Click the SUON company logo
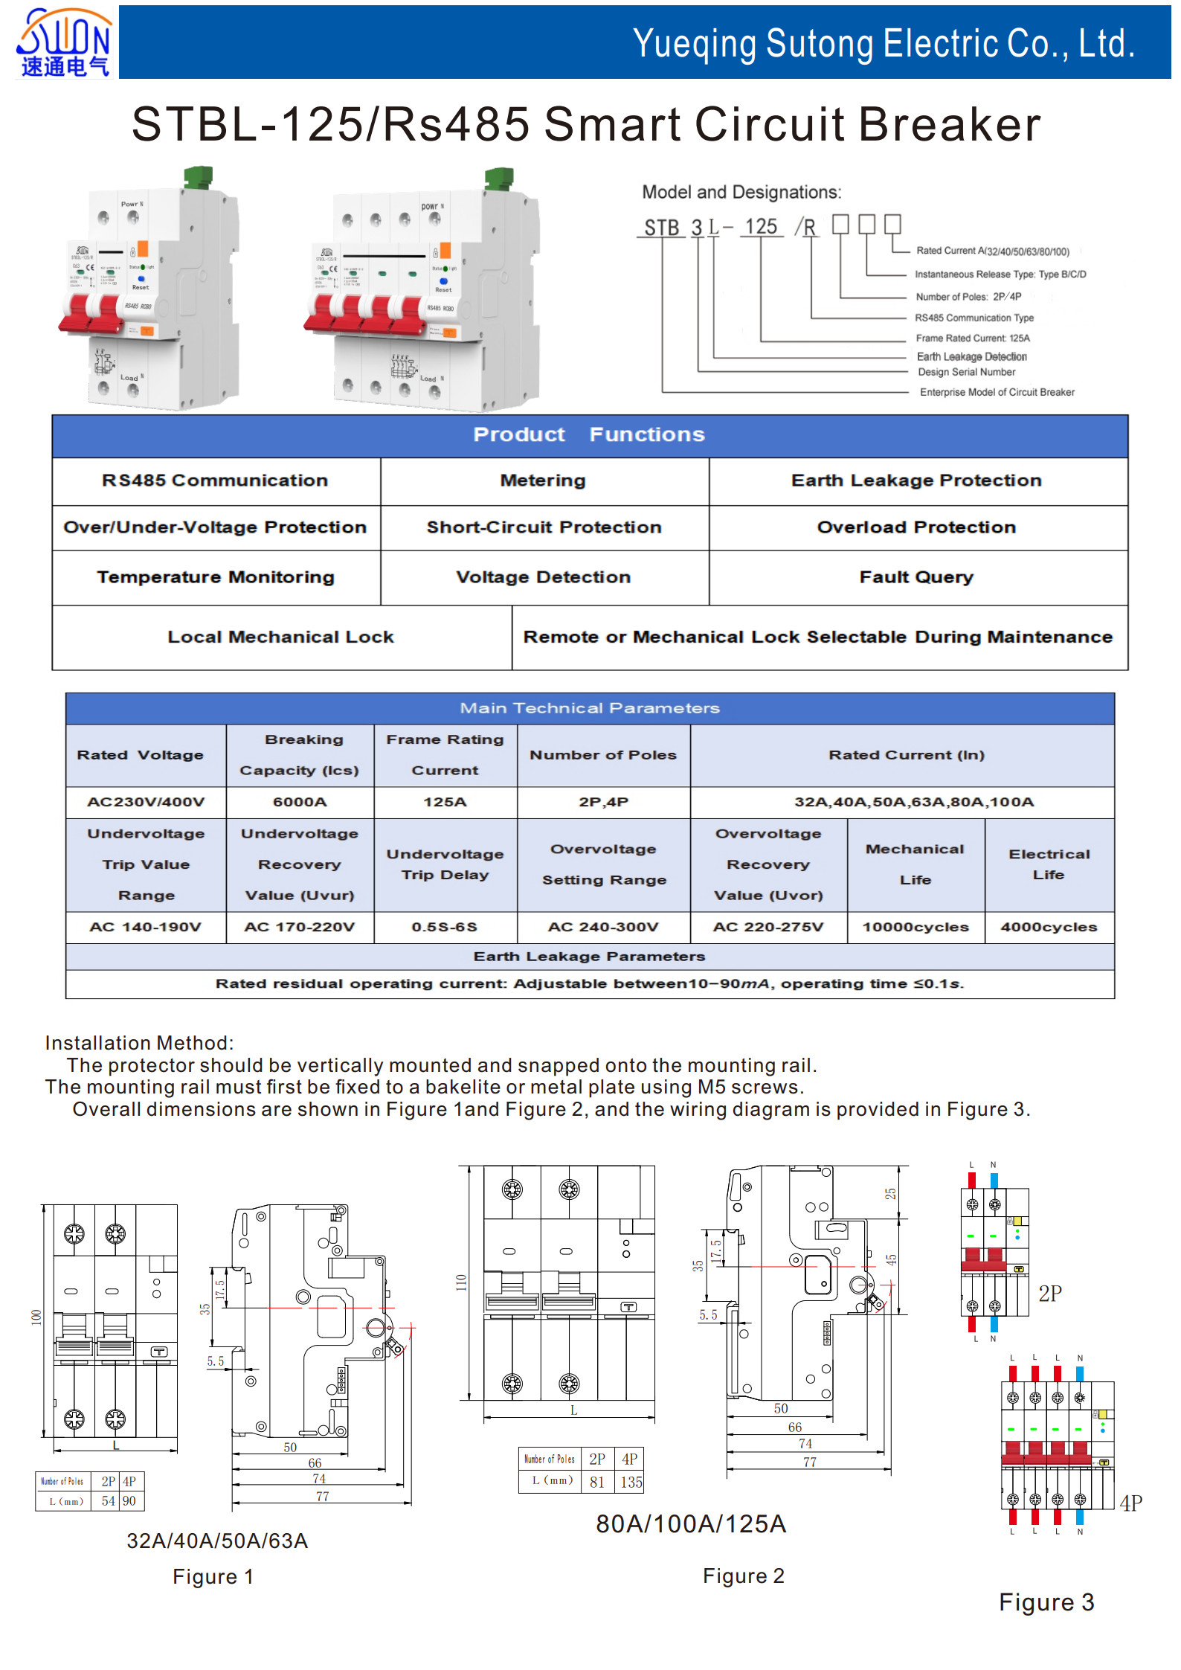click(x=64, y=43)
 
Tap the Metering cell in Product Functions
click(x=543, y=481)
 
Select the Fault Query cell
click(x=916, y=577)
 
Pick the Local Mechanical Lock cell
click(x=280, y=637)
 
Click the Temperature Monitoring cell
click(x=216, y=577)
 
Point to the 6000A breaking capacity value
click(x=300, y=802)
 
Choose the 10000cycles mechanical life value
click(x=915, y=927)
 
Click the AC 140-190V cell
click(x=146, y=927)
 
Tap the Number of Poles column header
click(x=603, y=755)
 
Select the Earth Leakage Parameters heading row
click(x=589, y=957)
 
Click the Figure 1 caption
click(x=213, y=1577)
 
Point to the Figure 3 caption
click(x=1046, y=1602)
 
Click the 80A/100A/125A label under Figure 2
click(x=691, y=1524)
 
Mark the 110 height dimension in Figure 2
click(x=461, y=1282)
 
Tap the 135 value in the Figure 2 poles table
click(x=631, y=1482)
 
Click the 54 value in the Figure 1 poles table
click(x=109, y=1500)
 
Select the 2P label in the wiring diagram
click(x=1050, y=1294)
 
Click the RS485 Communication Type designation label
click(x=974, y=318)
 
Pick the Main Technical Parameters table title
click(x=589, y=708)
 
